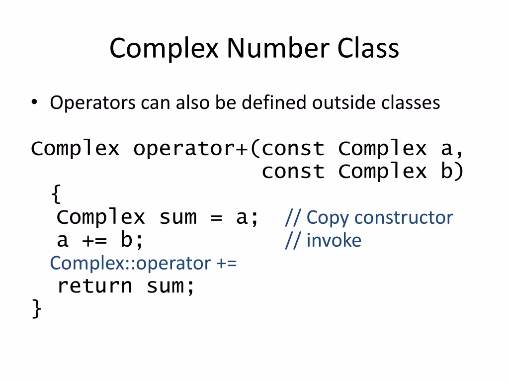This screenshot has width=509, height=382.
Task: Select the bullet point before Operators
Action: pos(34,102)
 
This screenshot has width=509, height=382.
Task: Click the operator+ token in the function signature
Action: pos(191,149)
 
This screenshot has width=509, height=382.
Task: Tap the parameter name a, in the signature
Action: pos(452,149)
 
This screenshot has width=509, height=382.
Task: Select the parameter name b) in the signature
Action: pos(452,172)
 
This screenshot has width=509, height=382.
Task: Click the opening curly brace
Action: pos(56,194)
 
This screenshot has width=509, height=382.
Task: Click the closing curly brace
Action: pos(36,308)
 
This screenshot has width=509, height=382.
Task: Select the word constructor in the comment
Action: pos(404,217)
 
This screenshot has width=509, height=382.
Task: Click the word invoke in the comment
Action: pos(334,240)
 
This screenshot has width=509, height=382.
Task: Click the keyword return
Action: pos(94,286)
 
